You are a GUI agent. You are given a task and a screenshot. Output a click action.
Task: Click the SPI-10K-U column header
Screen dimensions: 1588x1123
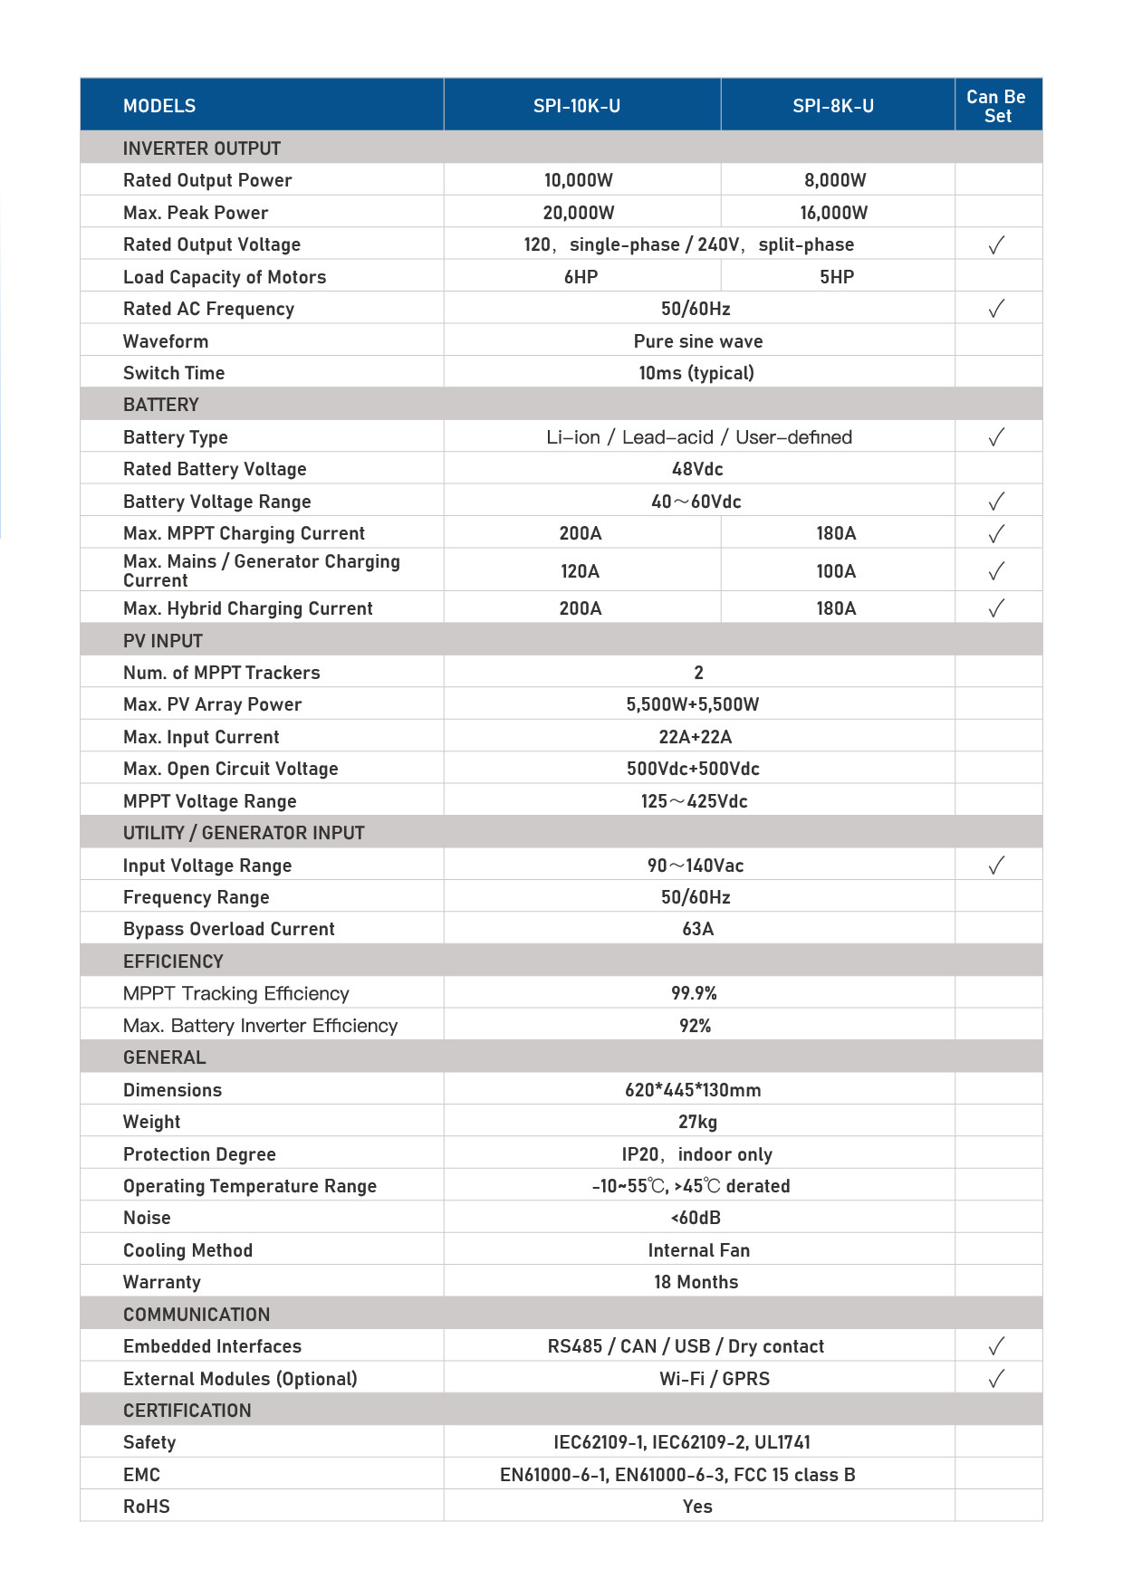[577, 106]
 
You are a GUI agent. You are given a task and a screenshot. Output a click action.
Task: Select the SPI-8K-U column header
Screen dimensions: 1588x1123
[833, 106]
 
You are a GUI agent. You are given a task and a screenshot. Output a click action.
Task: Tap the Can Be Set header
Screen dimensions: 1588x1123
[996, 106]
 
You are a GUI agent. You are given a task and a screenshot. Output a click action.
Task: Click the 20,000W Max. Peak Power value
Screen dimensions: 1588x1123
[579, 213]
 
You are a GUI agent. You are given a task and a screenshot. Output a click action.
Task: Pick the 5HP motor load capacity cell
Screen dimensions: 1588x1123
[837, 277]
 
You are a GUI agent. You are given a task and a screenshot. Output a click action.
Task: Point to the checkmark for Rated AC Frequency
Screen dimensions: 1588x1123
[996, 309]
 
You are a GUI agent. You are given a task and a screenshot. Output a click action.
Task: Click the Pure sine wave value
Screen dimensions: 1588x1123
[698, 341]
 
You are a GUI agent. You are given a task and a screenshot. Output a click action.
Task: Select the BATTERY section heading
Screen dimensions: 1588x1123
[161, 405]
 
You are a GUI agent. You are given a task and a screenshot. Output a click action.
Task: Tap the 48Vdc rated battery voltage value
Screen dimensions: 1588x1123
[697, 469]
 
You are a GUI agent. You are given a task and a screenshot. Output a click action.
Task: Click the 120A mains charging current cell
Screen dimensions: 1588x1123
[581, 571]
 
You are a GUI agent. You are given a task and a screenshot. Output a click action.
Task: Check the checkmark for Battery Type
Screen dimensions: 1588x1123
[996, 437]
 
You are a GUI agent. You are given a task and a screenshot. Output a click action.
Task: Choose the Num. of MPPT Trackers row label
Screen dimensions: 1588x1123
[222, 673]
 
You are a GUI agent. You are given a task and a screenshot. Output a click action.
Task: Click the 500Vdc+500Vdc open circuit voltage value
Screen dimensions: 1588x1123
[693, 769]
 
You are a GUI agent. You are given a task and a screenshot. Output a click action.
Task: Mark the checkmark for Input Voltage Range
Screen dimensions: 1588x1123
[996, 866]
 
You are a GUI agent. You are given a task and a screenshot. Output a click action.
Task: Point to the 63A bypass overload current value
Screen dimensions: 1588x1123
[698, 929]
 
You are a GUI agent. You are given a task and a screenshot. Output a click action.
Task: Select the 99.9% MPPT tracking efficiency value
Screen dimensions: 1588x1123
[694, 993]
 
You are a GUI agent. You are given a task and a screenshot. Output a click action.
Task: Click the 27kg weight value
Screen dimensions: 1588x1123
[697, 1122]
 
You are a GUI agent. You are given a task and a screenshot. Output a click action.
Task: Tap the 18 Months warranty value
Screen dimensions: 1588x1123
[696, 1282]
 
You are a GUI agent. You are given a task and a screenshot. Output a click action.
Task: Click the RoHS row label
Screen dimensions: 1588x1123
[147, 1507]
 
